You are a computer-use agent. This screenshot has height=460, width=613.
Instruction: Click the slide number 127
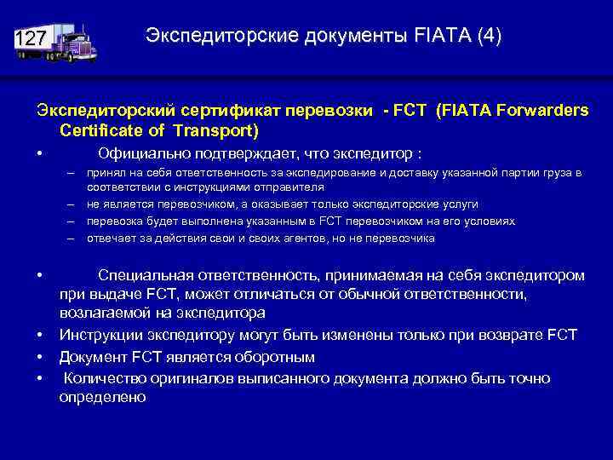[32, 39]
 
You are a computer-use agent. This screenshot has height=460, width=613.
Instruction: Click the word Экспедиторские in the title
[213, 36]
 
